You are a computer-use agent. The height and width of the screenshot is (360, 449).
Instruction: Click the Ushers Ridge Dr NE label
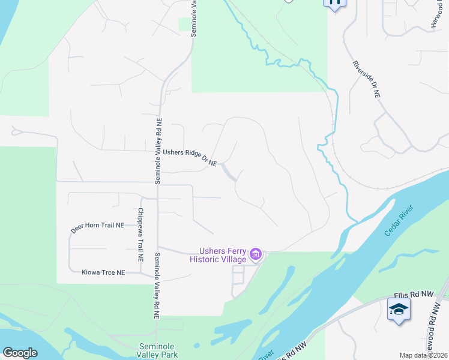(189, 157)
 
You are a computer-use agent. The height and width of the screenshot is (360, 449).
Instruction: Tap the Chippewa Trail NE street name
(140, 234)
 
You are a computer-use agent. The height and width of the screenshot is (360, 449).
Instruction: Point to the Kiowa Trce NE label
(103, 272)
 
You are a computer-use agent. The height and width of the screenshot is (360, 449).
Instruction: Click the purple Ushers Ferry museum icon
(256, 255)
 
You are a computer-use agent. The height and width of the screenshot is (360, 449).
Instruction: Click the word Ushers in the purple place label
(212, 251)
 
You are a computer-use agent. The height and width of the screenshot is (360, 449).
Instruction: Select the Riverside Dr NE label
(366, 79)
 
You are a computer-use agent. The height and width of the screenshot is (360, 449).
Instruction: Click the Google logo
(20, 353)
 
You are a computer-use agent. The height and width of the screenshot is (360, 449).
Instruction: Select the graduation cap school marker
(399, 310)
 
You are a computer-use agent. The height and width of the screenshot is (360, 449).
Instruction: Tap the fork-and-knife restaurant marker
(335, 3)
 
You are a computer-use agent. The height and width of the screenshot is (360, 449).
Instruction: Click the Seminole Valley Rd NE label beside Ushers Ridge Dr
(159, 150)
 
